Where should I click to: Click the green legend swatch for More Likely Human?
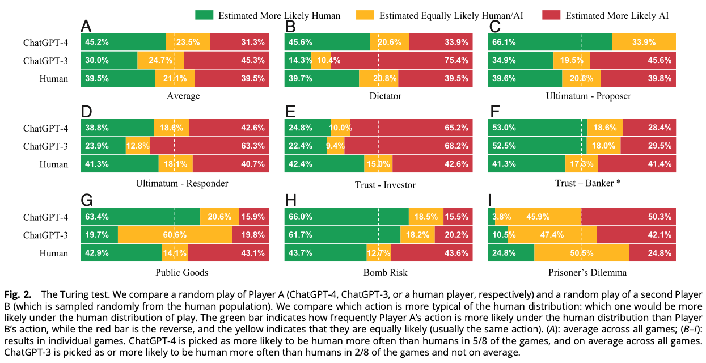click(205, 15)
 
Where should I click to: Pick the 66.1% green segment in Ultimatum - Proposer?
click(550, 42)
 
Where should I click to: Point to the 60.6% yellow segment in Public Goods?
click(175, 235)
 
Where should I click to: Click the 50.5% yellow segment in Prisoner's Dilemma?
click(582, 253)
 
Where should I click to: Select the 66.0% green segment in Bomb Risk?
click(346, 217)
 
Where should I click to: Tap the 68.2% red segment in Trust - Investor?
click(408, 146)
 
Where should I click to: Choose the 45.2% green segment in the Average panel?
click(124, 42)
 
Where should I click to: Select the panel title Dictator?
click(385, 96)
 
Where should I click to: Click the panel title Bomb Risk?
click(385, 272)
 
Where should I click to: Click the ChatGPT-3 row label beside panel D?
click(45, 146)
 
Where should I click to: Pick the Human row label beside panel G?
click(54, 254)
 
